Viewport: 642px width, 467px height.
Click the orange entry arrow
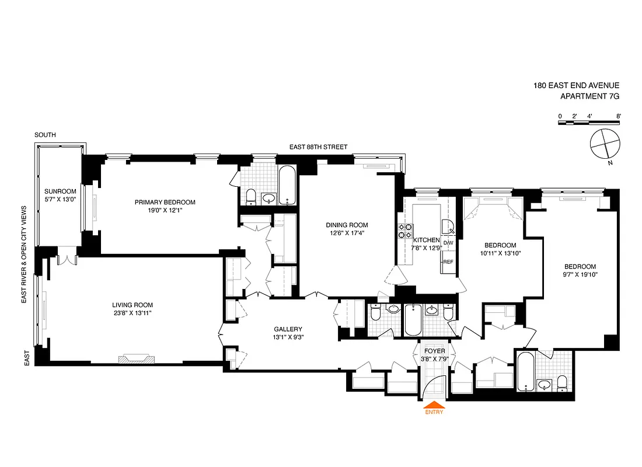click(x=433, y=404)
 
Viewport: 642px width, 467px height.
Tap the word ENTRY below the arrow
click(x=434, y=412)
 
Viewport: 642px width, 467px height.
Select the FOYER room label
click(x=434, y=351)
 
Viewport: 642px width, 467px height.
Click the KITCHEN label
click(x=426, y=240)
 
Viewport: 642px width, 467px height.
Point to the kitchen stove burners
click(x=406, y=231)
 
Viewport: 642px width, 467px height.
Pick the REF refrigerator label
click(x=448, y=262)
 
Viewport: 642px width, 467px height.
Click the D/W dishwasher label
click(x=448, y=243)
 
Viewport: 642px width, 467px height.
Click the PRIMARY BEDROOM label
click(x=165, y=203)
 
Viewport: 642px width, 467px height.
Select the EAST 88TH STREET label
click(x=319, y=148)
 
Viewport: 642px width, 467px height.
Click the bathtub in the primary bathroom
click(x=288, y=185)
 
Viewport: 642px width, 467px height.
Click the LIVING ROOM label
click(x=132, y=305)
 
